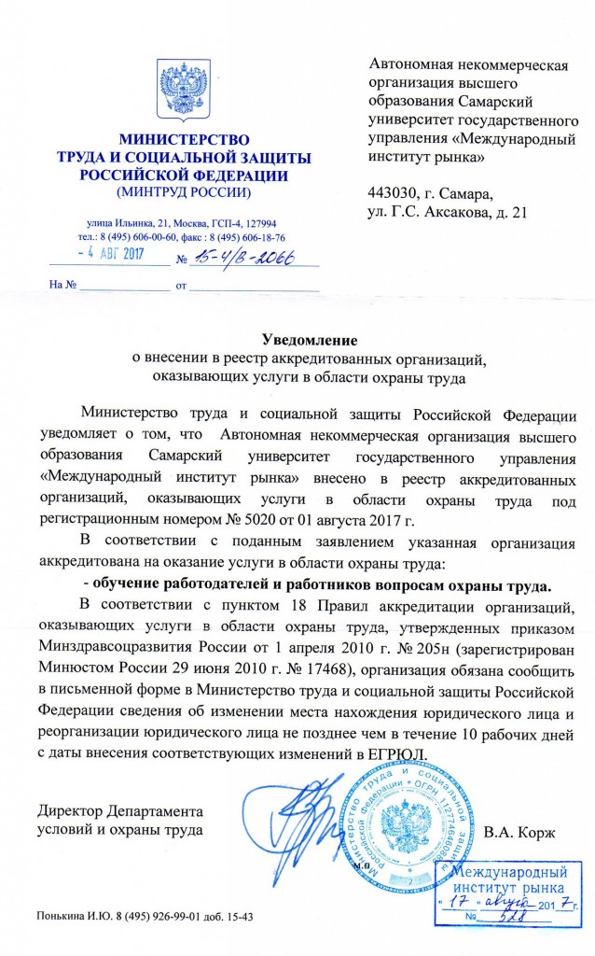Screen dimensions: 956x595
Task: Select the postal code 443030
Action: point(398,194)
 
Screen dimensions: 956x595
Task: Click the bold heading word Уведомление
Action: point(309,340)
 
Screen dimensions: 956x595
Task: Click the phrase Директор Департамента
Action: point(119,809)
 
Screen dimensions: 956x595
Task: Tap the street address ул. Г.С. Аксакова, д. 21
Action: point(449,213)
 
